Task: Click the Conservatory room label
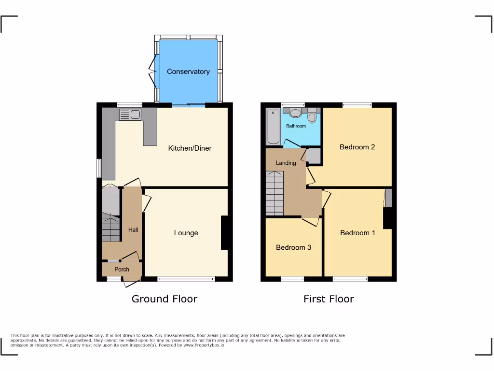[x=188, y=71]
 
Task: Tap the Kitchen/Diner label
[x=190, y=148]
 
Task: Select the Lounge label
[x=186, y=233]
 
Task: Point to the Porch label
[x=122, y=269]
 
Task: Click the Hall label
[x=133, y=229]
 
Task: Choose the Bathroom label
[x=296, y=126]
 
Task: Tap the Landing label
[x=286, y=163]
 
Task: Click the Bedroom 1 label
[x=357, y=233]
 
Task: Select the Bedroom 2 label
[x=357, y=147]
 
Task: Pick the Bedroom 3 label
[x=293, y=247]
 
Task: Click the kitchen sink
[x=130, y=114]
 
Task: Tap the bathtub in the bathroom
[x=273, y=127]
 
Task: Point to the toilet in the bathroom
[x=312, y=116]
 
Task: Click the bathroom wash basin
[x=295, y=113]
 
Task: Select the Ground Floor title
[x=165, y=299]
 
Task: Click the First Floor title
[x=329, y=299]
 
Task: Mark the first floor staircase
[x=274, y=193]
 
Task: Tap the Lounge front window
[x=186, y=279]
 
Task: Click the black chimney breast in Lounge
[x=224, y=233]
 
